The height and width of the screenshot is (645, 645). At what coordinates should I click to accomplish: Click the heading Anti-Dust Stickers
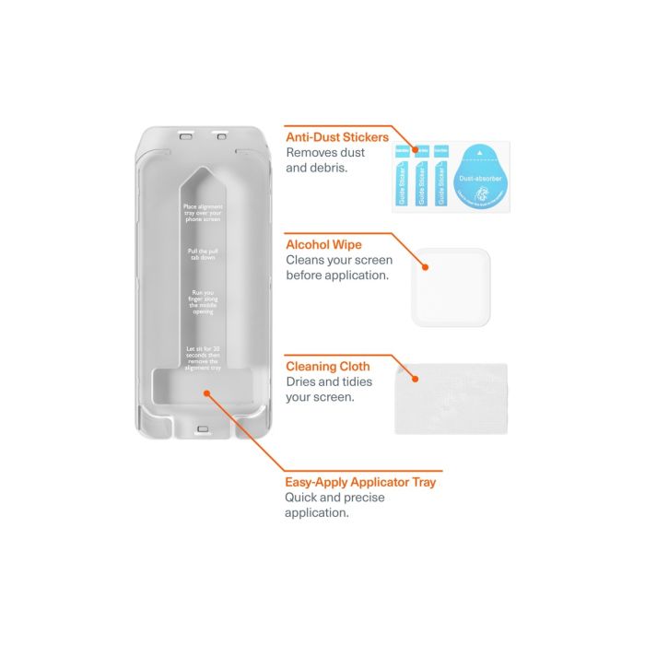pyautogui.click(x=337, y=137)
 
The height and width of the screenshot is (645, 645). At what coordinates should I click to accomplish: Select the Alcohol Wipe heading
pyautogui.click(x=323, y=245)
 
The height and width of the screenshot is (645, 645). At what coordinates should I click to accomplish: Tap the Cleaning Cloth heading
pyautogui.click(x=328, y=367)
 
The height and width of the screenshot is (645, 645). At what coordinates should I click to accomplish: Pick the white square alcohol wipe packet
pyautogui.click(x=451, y=287)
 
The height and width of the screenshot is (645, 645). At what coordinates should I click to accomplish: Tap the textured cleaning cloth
pyautogui.click(x=451, y=397)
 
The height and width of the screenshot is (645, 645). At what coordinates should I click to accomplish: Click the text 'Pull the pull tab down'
pyautogui.click(x=203, y=254)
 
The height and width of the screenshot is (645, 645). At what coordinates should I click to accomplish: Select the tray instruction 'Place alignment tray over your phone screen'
pyautogui.click(x=203, y=214)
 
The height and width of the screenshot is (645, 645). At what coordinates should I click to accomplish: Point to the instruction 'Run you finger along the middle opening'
pyautogui.click(x=203, y=302)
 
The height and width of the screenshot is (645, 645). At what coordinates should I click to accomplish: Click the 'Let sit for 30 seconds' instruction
pyautogui.click(x=203, y=357)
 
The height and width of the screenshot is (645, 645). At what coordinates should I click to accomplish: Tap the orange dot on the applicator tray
pyautogui.click(x=206, y=392)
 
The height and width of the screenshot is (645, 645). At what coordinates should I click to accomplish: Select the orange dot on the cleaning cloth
pyautogui.click(x=415, y=378)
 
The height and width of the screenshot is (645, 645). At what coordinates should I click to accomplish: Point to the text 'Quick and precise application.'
pyautogui.click(x=322, y=505)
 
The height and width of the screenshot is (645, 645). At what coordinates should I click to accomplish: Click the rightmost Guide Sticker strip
pyautogui.click(x=441, y=176)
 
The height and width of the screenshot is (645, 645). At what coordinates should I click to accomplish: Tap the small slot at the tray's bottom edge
pyautogui.click(x=204, y=428)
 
